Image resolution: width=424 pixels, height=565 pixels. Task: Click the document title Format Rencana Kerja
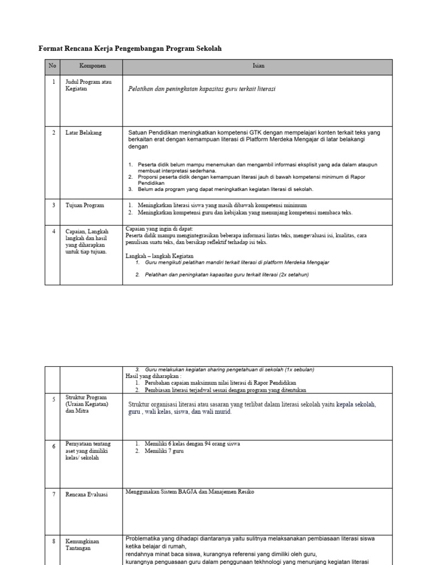pos(130,49)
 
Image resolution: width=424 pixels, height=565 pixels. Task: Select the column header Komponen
pos(92,66)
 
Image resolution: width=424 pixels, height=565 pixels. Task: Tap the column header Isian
pos(258,66)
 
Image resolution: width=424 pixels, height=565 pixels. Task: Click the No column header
pos(52,66)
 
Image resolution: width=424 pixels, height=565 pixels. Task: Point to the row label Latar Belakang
pos(84,133)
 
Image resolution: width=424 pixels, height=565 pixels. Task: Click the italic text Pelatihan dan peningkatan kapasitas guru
pos(202,89)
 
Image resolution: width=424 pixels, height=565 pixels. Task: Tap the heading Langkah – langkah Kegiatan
pos(160,257)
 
